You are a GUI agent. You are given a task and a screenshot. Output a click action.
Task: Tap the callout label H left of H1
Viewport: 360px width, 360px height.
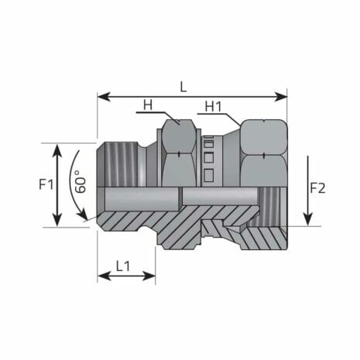tap(147, 105)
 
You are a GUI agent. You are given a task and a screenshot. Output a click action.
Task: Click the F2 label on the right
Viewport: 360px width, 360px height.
tap(318, 188)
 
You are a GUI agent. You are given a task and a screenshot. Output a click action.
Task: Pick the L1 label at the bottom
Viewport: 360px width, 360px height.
tap(123, 265)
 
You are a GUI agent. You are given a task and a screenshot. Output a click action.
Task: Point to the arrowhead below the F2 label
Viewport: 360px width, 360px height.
tap(307, 219)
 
